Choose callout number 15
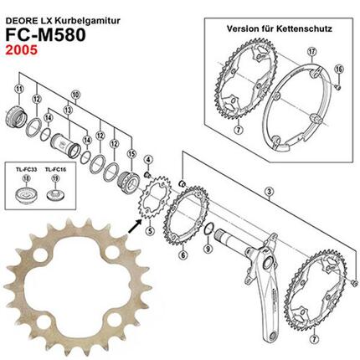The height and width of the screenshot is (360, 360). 131,153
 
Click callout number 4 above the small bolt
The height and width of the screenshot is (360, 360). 147,159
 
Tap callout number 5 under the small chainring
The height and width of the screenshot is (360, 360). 150,231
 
